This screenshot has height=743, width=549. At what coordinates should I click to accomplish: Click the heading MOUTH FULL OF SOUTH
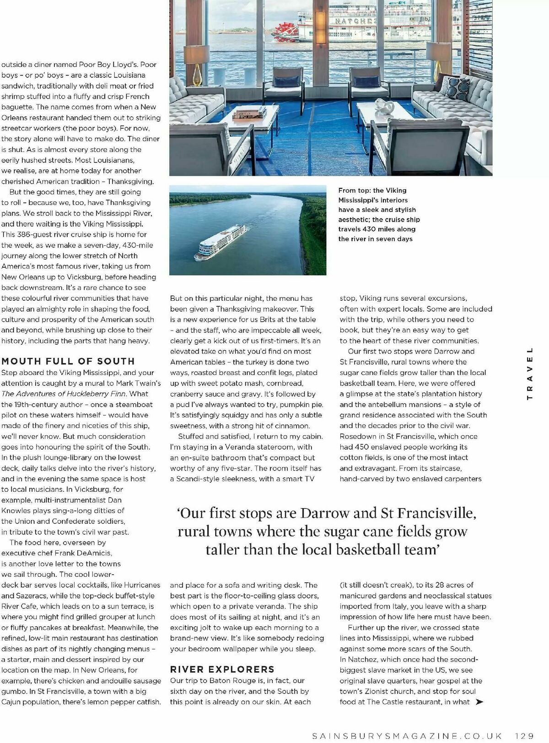point(68,361)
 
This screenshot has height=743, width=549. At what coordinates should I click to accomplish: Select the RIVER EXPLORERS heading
point(222,669)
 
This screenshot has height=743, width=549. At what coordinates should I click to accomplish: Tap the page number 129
point(524,736)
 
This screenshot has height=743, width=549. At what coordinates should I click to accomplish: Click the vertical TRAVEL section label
point(530,373)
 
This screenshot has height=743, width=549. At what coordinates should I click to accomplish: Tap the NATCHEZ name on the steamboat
point(355,21)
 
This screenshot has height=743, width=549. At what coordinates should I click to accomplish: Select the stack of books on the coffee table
point(249,114)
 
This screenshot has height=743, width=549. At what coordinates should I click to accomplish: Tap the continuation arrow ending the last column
point(479,702)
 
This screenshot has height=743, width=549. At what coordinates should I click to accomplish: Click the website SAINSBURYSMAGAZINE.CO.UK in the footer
point(407,736)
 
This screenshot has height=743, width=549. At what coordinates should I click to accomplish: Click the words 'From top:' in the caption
point(354,190)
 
